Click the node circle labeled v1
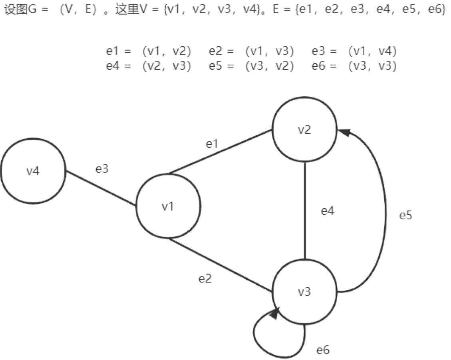click(168, 207)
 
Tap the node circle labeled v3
click(304, 292)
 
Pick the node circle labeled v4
click(33, 171)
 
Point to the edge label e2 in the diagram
click(205, 278)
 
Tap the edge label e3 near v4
click(102, 169)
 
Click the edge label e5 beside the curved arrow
click(406, 216)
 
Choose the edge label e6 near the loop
click(323, 350)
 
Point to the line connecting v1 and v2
click(220, 152)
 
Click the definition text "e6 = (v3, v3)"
click(354, 66)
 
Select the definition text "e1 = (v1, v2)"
click(149, 51)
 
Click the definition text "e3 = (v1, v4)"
click(354, 51)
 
